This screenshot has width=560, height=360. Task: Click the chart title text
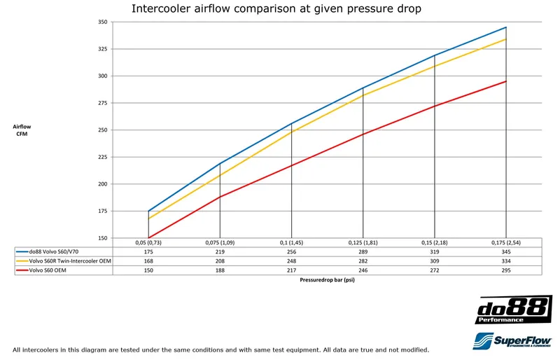pyautogui.click(x=276, y=9)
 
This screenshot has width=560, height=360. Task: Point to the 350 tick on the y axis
pyautogui.click(x=102, y=22)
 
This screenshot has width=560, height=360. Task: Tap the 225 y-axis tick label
pyautogui.click(x=102, y=157)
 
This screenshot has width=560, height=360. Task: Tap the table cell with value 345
pyautogui.click(x=506, y=251)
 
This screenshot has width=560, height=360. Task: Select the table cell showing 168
pyautogui.click(x=148, y=261)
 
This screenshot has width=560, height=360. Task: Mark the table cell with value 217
pyautogui.click(x=291, y=270)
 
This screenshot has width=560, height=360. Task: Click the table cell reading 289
pyautogui.click(x=363, y=251)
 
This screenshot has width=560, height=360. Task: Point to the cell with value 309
pyautogui.click(x=435, y=261)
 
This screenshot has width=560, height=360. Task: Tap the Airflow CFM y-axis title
pyautogui.click(x=22, y=130)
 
